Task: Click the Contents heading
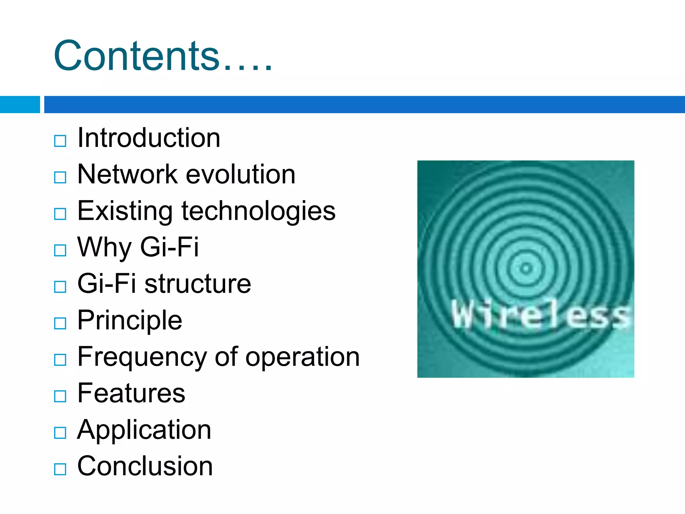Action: tap(163, 56)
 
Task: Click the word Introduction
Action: tap(149, 138)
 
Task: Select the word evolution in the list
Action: tap(240, 174)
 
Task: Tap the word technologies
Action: tap(258, 211)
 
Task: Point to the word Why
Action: tap(104, 248)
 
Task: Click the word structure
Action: tap(198, 284)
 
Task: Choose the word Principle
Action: tap(129, 321)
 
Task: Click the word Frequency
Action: tap(142, 357)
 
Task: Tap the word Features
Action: tap(131, 393)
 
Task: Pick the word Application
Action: tap(144, 430)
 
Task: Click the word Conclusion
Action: tap(145, 466)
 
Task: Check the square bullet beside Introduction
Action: tap(60, 141)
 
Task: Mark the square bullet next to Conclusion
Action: tap(60, 469)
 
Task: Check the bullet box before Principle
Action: tap(60, 323)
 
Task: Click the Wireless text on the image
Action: tap(540, 315)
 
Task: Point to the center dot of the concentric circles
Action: tap(526, 268)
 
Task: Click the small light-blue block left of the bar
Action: tap(20, 104)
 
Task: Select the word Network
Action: tap(127, 174)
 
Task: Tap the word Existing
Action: tap(125, 211)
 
